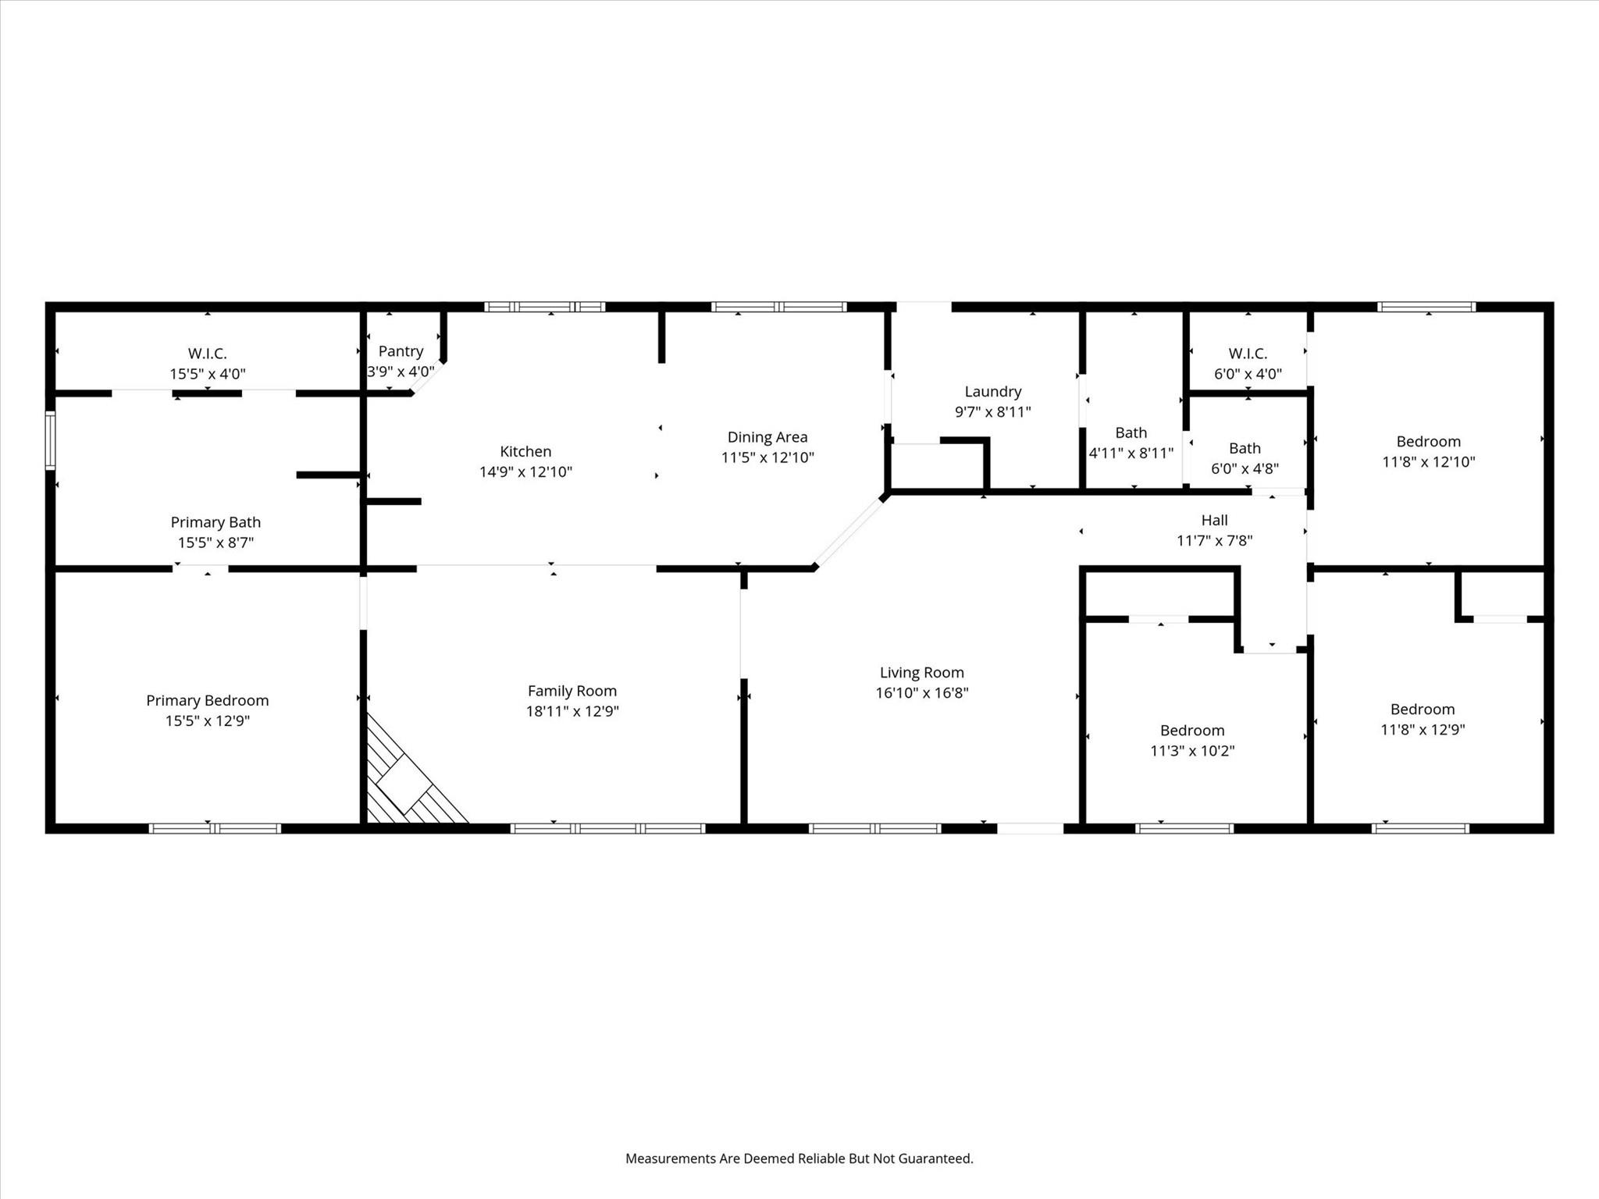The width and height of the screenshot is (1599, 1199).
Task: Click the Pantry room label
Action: pyautogui.click(x=401, y=351)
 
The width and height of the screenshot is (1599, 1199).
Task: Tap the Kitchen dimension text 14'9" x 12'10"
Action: pyautogui.click(x=525, y=471)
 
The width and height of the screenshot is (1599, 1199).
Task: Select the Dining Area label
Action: pyautogui.click(x=767, y=437)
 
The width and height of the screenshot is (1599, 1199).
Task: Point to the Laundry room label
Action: pyautogui.click(x=992, y=392)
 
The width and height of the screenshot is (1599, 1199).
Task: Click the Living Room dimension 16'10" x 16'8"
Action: pyautogui.click(x=921, y=692)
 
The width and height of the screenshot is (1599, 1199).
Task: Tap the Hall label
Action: pyautogui.click(x=1214, y=520)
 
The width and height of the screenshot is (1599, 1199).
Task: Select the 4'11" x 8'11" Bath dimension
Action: pyautogui.click(x=1131, y=453)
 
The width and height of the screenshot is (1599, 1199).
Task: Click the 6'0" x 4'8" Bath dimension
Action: pyautogui.click(x=1245, y=468)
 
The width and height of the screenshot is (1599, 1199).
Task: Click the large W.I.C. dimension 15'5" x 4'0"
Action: pyautogui.click(x=208, y=374)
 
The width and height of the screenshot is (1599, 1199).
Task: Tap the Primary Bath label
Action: pyautogui.click(x=215, y=522)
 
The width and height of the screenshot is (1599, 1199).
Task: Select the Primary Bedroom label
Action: pyautogui.click(x=207, y=700)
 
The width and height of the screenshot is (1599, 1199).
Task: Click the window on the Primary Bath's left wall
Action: pyautogui.click(x=50, y=441)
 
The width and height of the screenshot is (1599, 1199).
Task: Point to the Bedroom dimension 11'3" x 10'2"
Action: pyautogui.click(x=1191, y=751)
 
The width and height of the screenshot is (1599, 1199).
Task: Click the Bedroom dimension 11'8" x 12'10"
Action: pyautogui.click(x=1428, y=461)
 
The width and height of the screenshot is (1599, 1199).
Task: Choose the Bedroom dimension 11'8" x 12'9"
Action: pyautogui.click(x=1422, y=730)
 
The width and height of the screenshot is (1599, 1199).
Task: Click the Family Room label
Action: pyautogui.click(x=572, y=691)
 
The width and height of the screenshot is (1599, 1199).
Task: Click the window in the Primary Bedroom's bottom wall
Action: pyautogui.click(x=215, y=828)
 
